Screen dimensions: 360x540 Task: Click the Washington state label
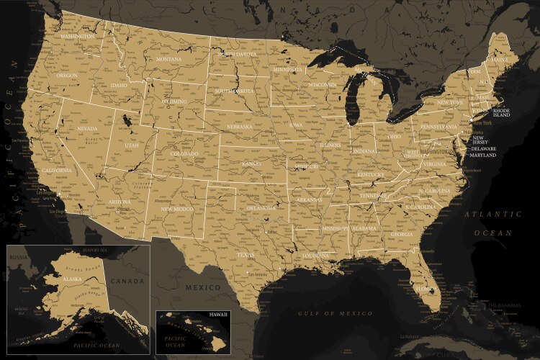click(x=78, y=36)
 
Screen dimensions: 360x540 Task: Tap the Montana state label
click(x=169, y=58)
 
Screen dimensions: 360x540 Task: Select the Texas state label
click(x=246, y=254)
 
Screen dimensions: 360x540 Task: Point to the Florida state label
click(x=426, y=289)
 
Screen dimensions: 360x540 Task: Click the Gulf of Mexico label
click(x=336, y=313)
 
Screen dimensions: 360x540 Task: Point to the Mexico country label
click(x=203, y=287)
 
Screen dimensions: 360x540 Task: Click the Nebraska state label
click(x=239, y=126)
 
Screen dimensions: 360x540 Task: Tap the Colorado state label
click(x=184, y=153)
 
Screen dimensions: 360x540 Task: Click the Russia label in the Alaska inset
click(x=17, y=257)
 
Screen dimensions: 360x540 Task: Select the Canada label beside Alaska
click(x=131, y=280)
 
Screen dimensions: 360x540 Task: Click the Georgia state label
click(x=402, y=234)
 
